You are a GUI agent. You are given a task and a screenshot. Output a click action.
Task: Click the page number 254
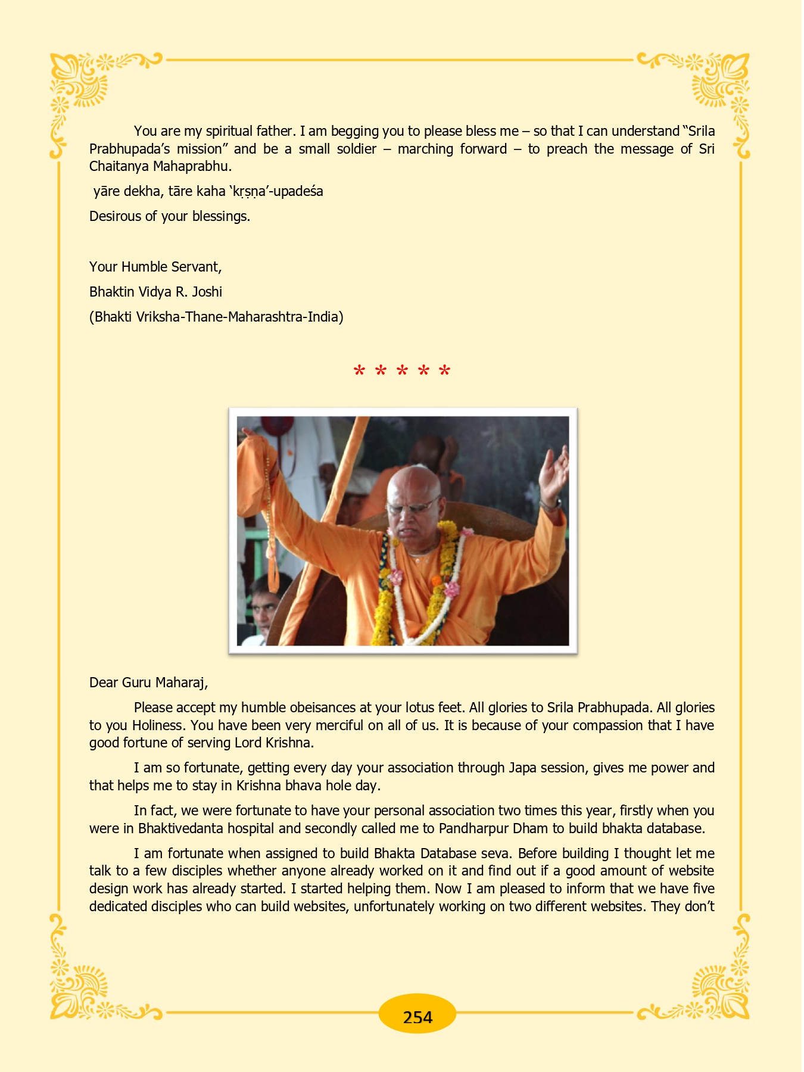pos(417,1017)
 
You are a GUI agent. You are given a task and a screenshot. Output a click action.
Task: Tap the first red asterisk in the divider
pos(359,371)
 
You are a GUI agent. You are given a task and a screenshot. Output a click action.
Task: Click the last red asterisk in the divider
pos(444,371)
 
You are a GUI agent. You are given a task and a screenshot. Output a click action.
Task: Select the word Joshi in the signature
pos(207,292)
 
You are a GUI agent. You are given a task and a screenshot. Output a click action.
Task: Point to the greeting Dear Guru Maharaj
pos(148,683)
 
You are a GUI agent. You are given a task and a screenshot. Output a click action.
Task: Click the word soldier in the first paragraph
pos(357,149)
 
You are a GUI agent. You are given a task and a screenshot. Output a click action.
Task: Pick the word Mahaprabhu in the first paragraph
pos(192,166)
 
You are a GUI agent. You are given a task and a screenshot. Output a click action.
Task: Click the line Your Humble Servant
pos(155,267)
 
